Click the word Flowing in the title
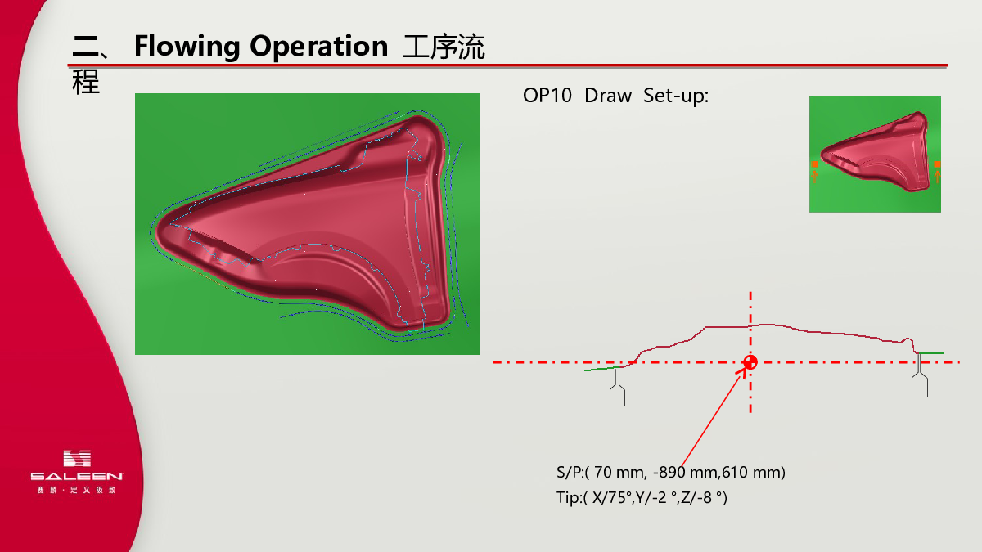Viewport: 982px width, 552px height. point(187,47)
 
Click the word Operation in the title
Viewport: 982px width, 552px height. point(318,47)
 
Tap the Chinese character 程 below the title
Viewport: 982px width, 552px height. point(86,82)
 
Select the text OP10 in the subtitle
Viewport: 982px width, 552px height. point(547,96)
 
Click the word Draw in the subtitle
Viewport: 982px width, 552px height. point(608,96)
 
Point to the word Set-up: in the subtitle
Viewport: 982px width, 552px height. point(676,96)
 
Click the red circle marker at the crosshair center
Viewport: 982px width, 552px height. point(750,362)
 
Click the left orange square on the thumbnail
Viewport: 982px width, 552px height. point(815,164)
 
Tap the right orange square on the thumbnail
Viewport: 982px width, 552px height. point(937,164)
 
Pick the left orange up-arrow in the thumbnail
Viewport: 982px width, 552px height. point(815,176)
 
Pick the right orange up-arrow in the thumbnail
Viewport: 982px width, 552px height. point(937,176)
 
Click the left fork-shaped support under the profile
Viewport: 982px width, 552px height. point(617,387)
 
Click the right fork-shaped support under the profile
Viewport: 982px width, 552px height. point(919,375)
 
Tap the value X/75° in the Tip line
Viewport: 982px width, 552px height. point(611,498)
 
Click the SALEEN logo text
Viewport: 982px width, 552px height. point(77,476)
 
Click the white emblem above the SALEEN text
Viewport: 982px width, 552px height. point(77,458)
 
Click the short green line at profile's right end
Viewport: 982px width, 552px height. point(930,353)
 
